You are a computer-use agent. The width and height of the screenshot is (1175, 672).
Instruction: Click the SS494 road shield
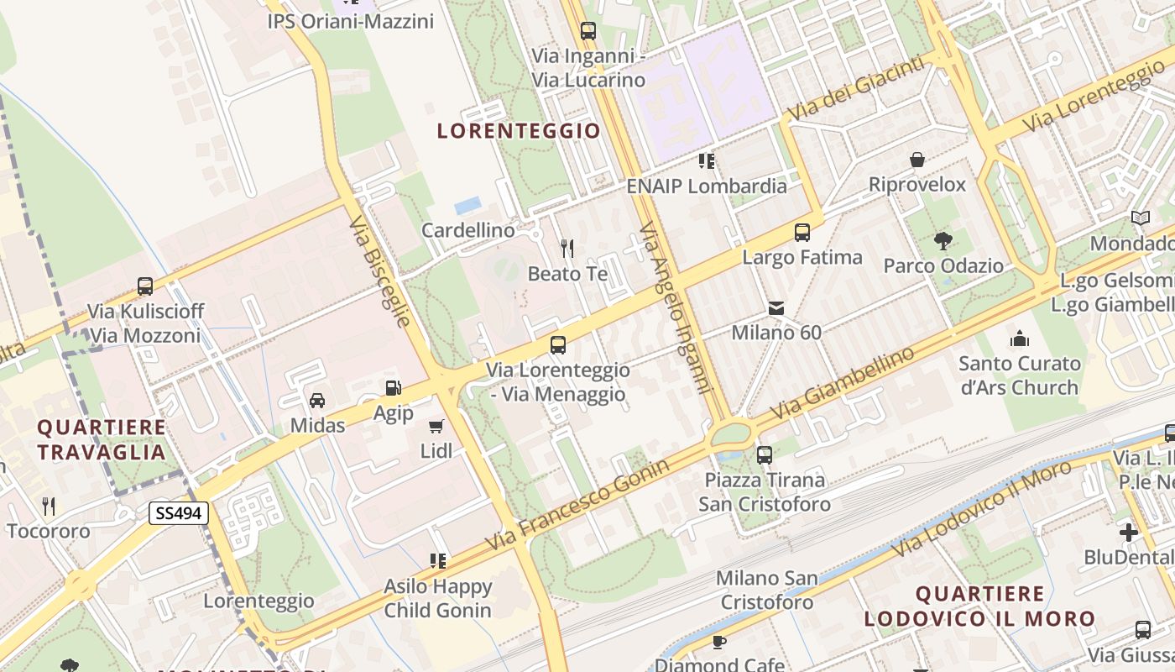pyautogui.click(x=179, y=512)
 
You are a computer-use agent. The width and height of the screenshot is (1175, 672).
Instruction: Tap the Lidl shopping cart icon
pyautogui.click(x=436, y=427)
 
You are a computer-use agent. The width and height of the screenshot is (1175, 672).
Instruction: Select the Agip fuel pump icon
pyautogui.click(x=393, y=388)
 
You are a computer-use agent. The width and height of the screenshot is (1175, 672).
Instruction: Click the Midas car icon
pyautogui.click(x=317, y=401)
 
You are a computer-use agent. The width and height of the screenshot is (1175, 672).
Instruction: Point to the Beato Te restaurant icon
pyautogui.click(x=567, y=248)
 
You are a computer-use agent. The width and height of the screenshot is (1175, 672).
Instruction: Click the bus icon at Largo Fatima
pyautogui.click(x=802, y=232)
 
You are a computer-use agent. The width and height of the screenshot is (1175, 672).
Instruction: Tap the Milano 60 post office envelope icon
pyautogui.click(x=776, y=308)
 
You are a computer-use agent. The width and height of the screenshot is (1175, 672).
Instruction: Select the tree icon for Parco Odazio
pyautogui.click(x=943, y=241)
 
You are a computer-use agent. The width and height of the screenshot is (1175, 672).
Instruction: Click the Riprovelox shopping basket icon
pyautogui.click(x=917, y=160)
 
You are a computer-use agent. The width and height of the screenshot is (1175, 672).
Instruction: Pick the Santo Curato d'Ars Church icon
pyautogui.click(x=1020, y=339)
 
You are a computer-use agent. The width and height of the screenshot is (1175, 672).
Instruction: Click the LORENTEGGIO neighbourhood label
pyautogui.click(x=519, y=131)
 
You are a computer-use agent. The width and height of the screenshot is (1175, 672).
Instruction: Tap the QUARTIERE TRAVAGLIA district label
pyautogui.click(x=102, y=439)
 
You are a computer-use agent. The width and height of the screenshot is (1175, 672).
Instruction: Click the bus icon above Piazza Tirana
pyautogui.click(x=764, y=455)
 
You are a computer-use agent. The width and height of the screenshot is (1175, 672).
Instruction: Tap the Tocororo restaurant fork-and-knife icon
pyautogui.click(x=49, y=506)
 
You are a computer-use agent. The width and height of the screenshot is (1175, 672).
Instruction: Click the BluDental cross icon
pyautogui.click(x=1129, y=532)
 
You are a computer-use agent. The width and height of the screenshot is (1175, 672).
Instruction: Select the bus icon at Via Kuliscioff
pyautogui.click(x=145, y=286)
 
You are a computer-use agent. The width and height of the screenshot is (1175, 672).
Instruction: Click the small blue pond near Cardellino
pyautogui.click(x=467, y=205)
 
